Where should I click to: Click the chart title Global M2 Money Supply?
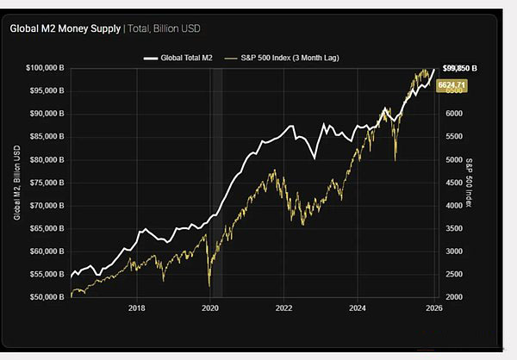(65, 28)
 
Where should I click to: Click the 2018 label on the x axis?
(136, 307)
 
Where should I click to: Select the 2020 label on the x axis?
(210, 307)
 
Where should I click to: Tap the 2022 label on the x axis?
(284, 307)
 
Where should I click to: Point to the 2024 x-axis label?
(358, 307)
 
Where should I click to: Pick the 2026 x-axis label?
(433, 307)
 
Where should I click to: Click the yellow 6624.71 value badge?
(453, 85)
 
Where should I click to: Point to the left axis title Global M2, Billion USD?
(17, 183)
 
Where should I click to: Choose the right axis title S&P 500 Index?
(470, 183)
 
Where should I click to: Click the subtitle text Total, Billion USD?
(166, 28)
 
